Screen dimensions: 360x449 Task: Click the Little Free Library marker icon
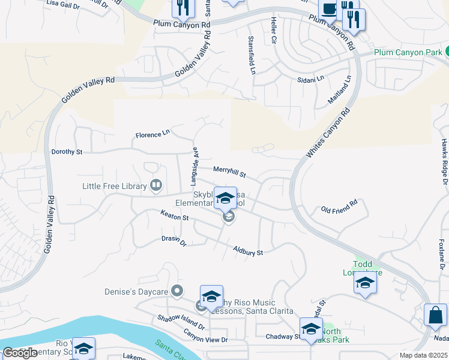click(x=156, y=185)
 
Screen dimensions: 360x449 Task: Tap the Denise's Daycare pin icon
click(x=176, y=292)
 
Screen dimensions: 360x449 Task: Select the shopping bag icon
click(x=435, y=316)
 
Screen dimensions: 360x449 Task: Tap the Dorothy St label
click(x=67, y=152)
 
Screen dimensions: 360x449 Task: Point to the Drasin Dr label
click(x=175, y=241)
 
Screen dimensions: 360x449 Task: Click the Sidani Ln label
click(x=311, y=79)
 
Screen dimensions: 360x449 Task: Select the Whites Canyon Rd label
click(x=328, y=133)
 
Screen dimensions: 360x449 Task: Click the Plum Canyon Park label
click(x=408, y=52)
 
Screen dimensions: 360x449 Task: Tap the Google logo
click(x=20, y=353)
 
